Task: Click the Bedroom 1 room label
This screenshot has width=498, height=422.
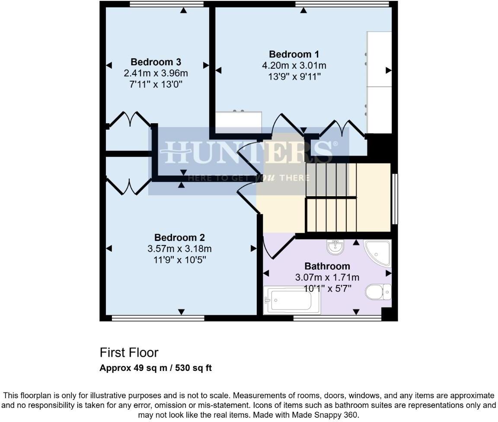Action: pos(294,54)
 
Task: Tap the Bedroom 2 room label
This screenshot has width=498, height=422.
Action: pos(179,237)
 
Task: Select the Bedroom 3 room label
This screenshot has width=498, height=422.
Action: pos(156,62)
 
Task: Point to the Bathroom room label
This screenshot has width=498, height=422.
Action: pos(327,266)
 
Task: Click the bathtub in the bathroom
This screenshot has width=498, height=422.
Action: pos(292,300)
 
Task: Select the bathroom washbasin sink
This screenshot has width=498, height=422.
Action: pos(335,247)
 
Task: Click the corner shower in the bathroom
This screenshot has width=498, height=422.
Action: pos(378,253)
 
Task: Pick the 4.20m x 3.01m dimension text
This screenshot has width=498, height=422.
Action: pos(294,66)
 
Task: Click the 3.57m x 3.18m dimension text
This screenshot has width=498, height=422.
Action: pos(179,249)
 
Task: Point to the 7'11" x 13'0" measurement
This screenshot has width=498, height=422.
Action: pos(156,84)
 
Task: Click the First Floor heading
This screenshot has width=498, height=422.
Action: pos(129,352)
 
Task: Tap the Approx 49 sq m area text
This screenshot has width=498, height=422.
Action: pos(156,368)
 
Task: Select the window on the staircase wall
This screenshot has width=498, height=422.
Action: pos(395,199)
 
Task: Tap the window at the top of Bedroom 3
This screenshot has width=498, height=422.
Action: pos(166,4)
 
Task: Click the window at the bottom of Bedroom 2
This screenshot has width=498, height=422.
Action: pos(158,319)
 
